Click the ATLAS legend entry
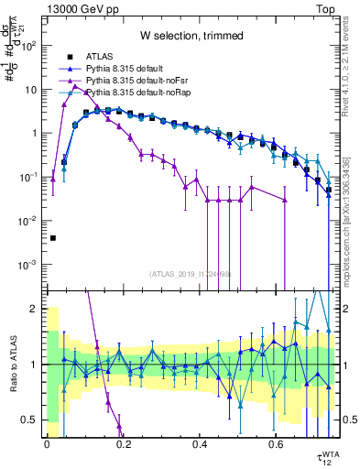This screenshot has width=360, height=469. (x=100, y=57)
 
